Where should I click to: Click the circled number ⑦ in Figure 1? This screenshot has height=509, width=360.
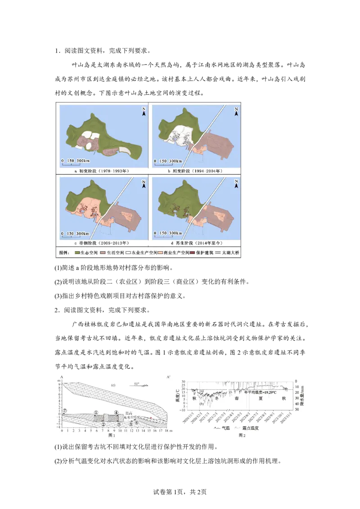point(65,411)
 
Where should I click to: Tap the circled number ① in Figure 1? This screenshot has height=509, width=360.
point(96,412)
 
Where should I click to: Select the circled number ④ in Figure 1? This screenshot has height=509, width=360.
point(116,412)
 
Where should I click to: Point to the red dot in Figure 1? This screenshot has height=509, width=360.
point(151,418)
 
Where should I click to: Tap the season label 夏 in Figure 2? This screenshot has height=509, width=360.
point(260,398)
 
